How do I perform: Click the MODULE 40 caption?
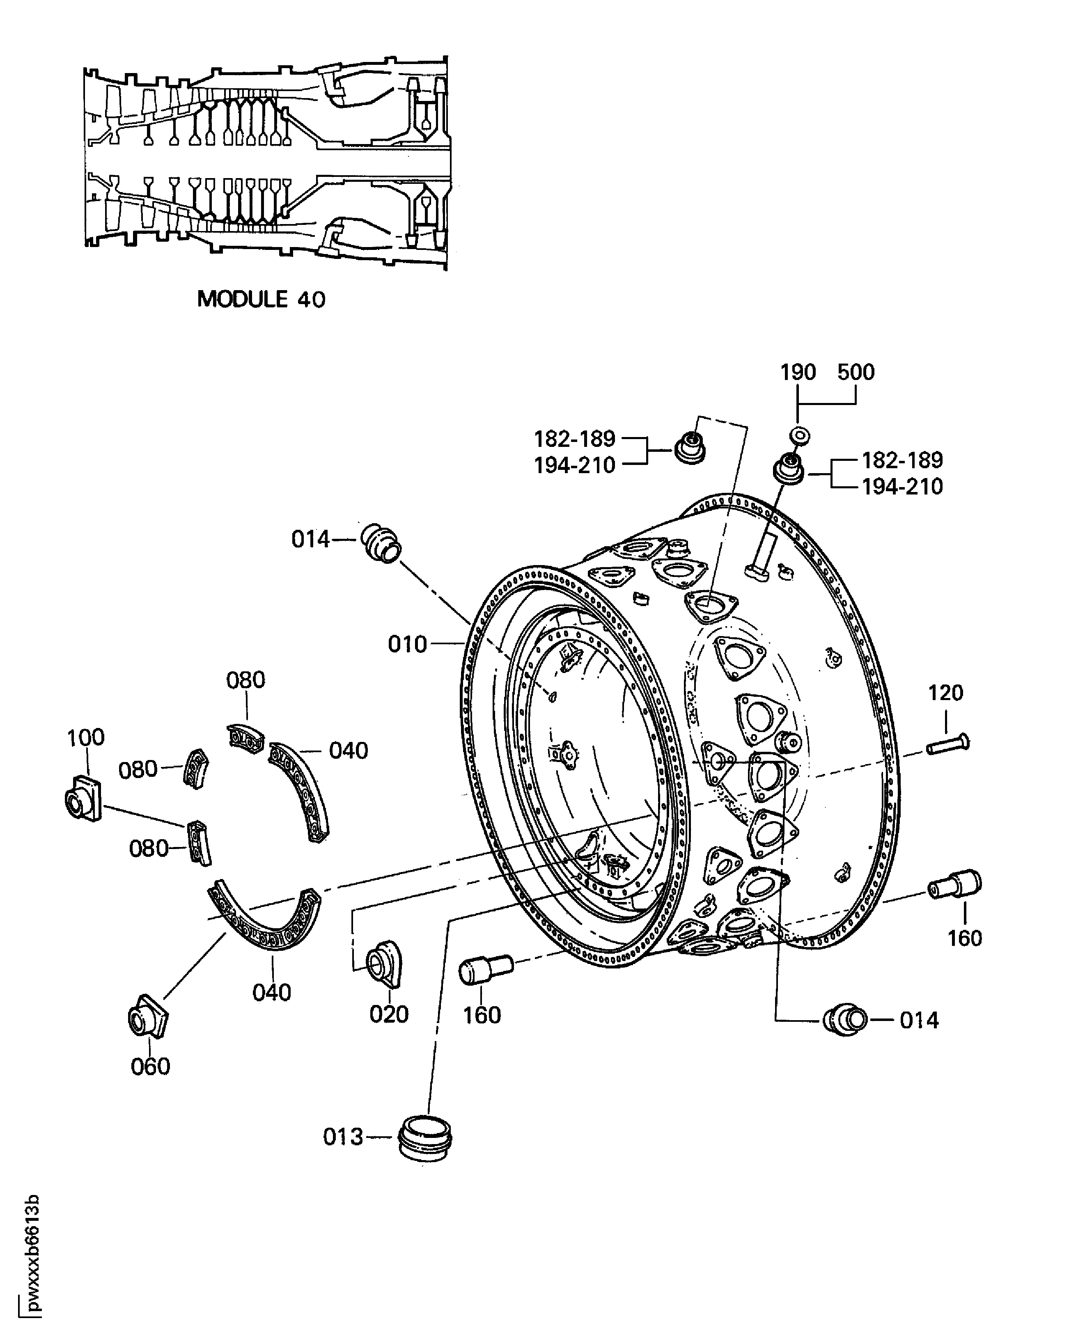tap(261, 299)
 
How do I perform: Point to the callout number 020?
tap(389, 1014)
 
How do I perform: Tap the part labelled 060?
tap(148, 1016)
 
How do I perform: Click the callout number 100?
tap(86, 737)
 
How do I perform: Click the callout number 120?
tap(945, 693)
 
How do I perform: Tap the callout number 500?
tap(856, 372)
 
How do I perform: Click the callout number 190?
tap(798, 372)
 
